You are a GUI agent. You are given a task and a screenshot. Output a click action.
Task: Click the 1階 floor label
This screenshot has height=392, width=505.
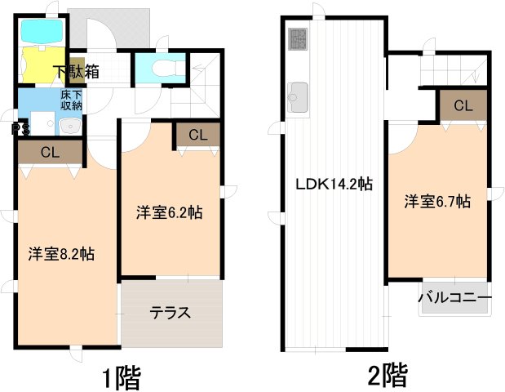pyautogui.click(x=122, y=377)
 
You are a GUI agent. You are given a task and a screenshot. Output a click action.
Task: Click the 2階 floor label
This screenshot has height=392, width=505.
pyautogui.click(x=387, y=376)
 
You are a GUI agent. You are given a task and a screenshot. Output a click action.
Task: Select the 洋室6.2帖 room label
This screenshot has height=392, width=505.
pyautogui.click(x=169, y=213)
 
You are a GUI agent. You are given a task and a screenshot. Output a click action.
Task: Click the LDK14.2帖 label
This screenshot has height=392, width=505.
pyautogui.click(x=334, y=185)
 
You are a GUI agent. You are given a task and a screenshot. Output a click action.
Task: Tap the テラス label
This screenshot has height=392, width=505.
pyautogui.click(x=171, y=311)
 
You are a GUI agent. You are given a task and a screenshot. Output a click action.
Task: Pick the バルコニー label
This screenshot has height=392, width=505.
pyautogui.click(x=454, y=298)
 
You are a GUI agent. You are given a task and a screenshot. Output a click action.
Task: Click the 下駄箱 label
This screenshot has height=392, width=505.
pyautogui.click(x=78, y=71)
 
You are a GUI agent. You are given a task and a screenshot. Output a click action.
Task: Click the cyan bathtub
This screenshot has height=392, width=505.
pyautogui.click(x=41, y=32)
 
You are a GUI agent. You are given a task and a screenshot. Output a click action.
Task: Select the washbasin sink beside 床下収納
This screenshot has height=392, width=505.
pyautogui.click(x=69, y=126)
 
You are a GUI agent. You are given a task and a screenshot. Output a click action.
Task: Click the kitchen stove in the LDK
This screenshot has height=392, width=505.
pyautogui.click(x=295, y=38)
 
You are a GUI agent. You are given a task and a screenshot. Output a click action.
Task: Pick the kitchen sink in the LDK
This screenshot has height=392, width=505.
pyautogui.click(x=296, y=96)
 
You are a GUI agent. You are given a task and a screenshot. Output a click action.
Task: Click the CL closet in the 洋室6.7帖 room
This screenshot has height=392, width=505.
pyautogui.click(x=463, y=105)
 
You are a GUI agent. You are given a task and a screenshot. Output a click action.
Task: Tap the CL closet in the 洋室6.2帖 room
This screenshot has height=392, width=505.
pyautogui.click(x=197, y=135)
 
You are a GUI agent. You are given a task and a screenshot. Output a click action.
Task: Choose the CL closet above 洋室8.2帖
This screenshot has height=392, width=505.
pyautogui.click(x=50, y=151)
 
